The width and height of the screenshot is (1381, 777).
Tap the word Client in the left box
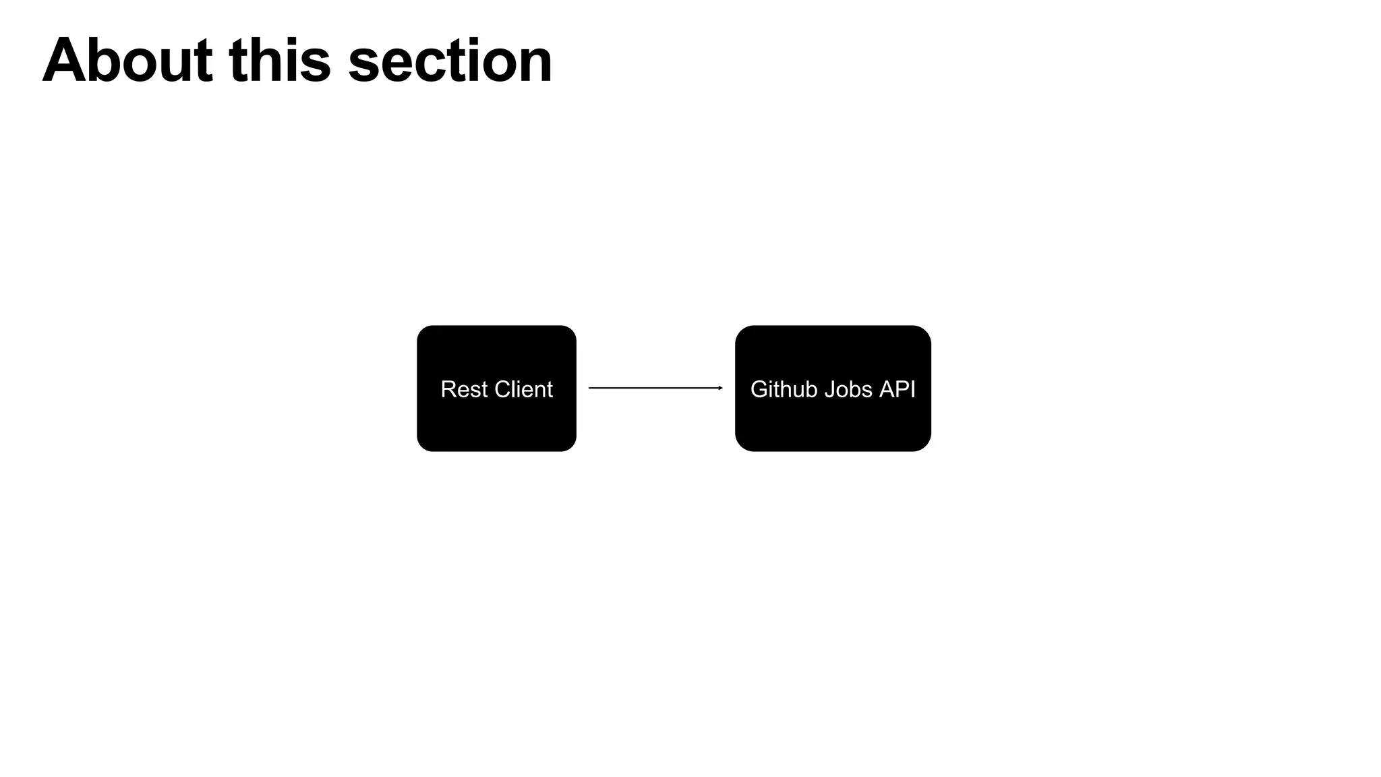coord(523,389)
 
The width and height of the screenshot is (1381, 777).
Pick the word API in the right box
coord(898,389)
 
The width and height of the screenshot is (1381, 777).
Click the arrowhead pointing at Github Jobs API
coord(720,388)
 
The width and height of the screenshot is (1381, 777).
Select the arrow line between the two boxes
coord(654,388)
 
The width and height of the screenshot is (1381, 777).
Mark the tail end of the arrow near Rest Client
coord(591,388)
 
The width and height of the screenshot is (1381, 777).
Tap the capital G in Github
coord(759,389)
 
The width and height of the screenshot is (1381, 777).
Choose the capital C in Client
coord(503,389)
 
